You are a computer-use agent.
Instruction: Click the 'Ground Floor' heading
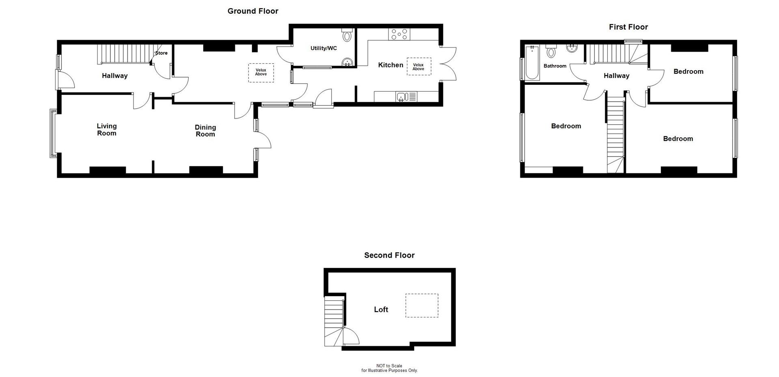[253, 11]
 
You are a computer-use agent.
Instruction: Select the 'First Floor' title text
[628, 27]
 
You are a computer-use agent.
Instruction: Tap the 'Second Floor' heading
[389, 255]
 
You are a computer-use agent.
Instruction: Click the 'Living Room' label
[106, 129]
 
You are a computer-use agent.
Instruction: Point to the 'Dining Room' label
[205, 131]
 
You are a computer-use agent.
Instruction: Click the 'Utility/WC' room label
[323, 48]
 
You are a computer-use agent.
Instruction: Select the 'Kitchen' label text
[390, 65]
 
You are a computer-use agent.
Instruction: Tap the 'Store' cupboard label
[161, 53]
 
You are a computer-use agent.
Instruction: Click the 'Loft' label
[381, 310]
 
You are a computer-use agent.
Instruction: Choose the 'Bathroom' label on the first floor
[555, 66]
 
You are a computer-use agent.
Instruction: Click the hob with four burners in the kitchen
[399, 34]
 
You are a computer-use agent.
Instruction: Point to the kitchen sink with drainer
[406, 97]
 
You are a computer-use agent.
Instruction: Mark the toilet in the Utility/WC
[346, 36]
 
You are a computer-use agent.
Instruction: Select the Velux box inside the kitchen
[419, 67]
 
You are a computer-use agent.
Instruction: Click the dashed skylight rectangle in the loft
[422, 306]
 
